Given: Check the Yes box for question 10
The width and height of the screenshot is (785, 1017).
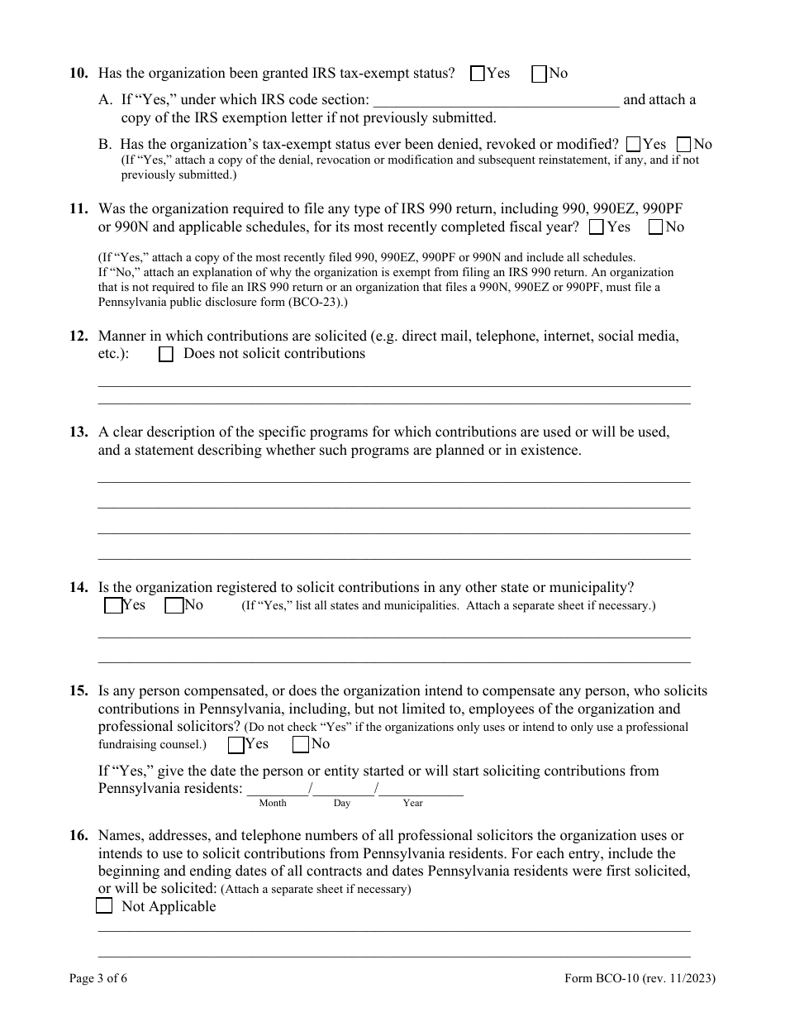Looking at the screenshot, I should (478, 74).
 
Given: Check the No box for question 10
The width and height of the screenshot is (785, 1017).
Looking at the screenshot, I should (540, 74).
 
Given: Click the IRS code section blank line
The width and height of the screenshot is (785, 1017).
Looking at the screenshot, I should (496, 101).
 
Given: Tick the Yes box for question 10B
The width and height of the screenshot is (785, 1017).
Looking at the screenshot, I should (634, 145).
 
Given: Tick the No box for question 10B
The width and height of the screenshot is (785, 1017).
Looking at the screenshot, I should (683, 145).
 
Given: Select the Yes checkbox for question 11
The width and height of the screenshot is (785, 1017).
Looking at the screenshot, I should (597, 227).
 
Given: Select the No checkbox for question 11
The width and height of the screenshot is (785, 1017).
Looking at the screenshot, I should (656, 227).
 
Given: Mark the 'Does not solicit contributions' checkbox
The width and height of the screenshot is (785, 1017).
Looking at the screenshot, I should (166, 355).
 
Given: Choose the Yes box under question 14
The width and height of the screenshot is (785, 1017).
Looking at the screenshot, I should (113, 606).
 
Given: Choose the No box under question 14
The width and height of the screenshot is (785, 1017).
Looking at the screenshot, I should (174, 606).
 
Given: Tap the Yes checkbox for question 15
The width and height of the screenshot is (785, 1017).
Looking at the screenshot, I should (236, 745).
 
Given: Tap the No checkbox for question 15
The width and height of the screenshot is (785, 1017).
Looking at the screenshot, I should (301, 745).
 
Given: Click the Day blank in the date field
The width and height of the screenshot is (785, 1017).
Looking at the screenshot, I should (343, 789).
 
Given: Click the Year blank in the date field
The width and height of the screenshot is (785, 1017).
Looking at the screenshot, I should (421, 789).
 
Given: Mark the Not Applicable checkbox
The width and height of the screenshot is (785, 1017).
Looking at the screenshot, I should (104, 906).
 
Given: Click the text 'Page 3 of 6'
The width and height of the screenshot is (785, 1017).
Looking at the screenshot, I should (98, 980).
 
